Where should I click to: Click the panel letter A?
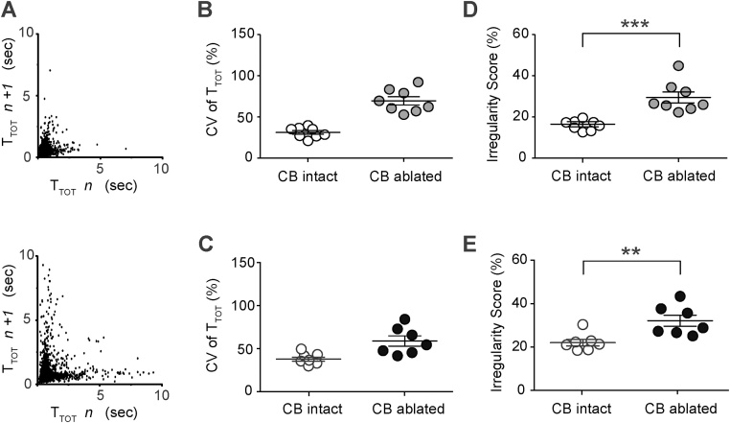pyautogui.click(x=9, y=11)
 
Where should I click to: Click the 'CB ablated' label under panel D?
pyautogui.click(x=678, y=176)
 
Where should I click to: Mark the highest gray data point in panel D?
pyautogui.click(x=678, y=66)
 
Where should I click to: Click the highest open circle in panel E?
pyautogui.click(x=582, y=324)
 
